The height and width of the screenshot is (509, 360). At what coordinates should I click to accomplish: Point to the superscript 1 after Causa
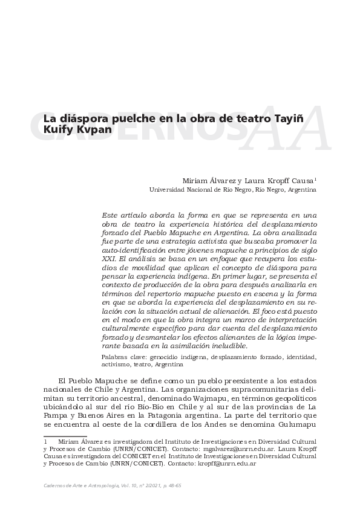pyautogui.click(x=316, y=179)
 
